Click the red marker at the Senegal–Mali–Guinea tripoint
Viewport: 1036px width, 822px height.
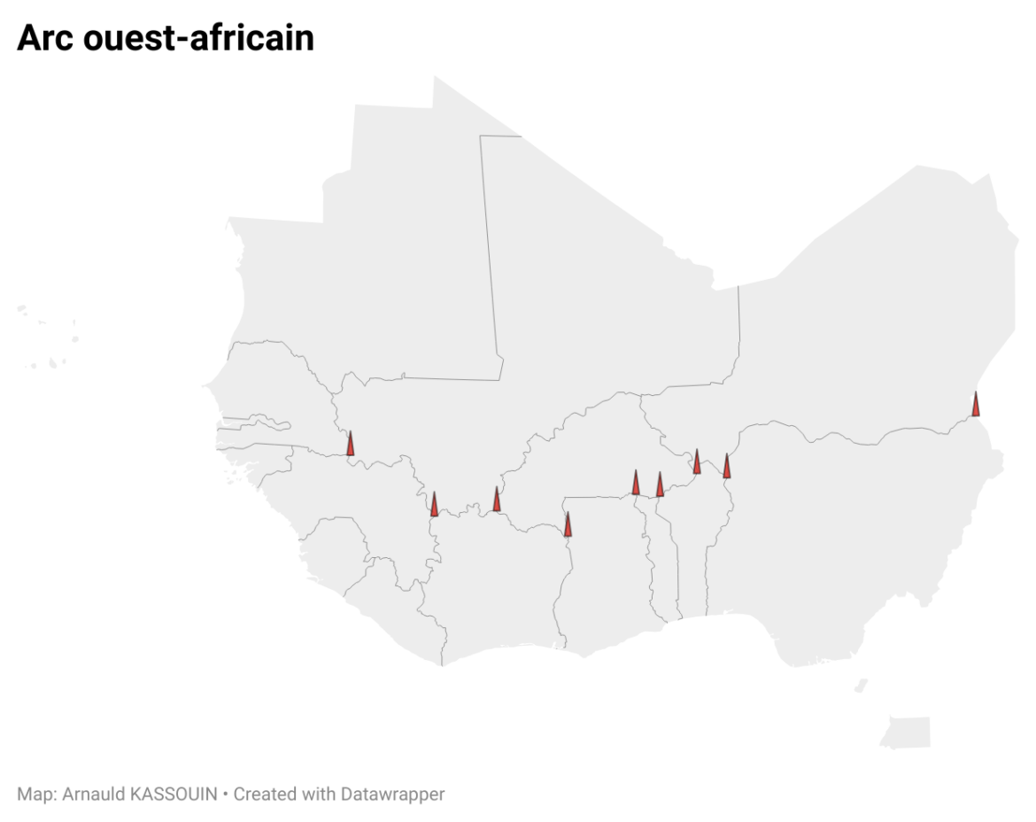point(351,444)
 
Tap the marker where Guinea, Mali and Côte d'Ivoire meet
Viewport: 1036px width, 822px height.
point(434,505)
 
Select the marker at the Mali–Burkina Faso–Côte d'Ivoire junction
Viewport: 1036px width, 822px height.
point(497,500)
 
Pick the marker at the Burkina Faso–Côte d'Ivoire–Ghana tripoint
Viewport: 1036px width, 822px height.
point(568,525)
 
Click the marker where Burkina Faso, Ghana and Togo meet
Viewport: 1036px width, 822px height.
point(636,484)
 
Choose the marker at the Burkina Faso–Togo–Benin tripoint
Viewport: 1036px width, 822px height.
point(660,485)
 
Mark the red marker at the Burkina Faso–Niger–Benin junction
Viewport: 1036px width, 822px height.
point(697,462)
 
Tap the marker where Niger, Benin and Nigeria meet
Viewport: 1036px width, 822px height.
point(727,467)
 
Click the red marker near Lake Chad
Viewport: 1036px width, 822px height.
point(976,405)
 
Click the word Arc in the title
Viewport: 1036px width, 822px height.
point(45,38)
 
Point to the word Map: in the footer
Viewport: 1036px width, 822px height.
point(35,794)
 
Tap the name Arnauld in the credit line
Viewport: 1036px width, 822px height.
point(93,794)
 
